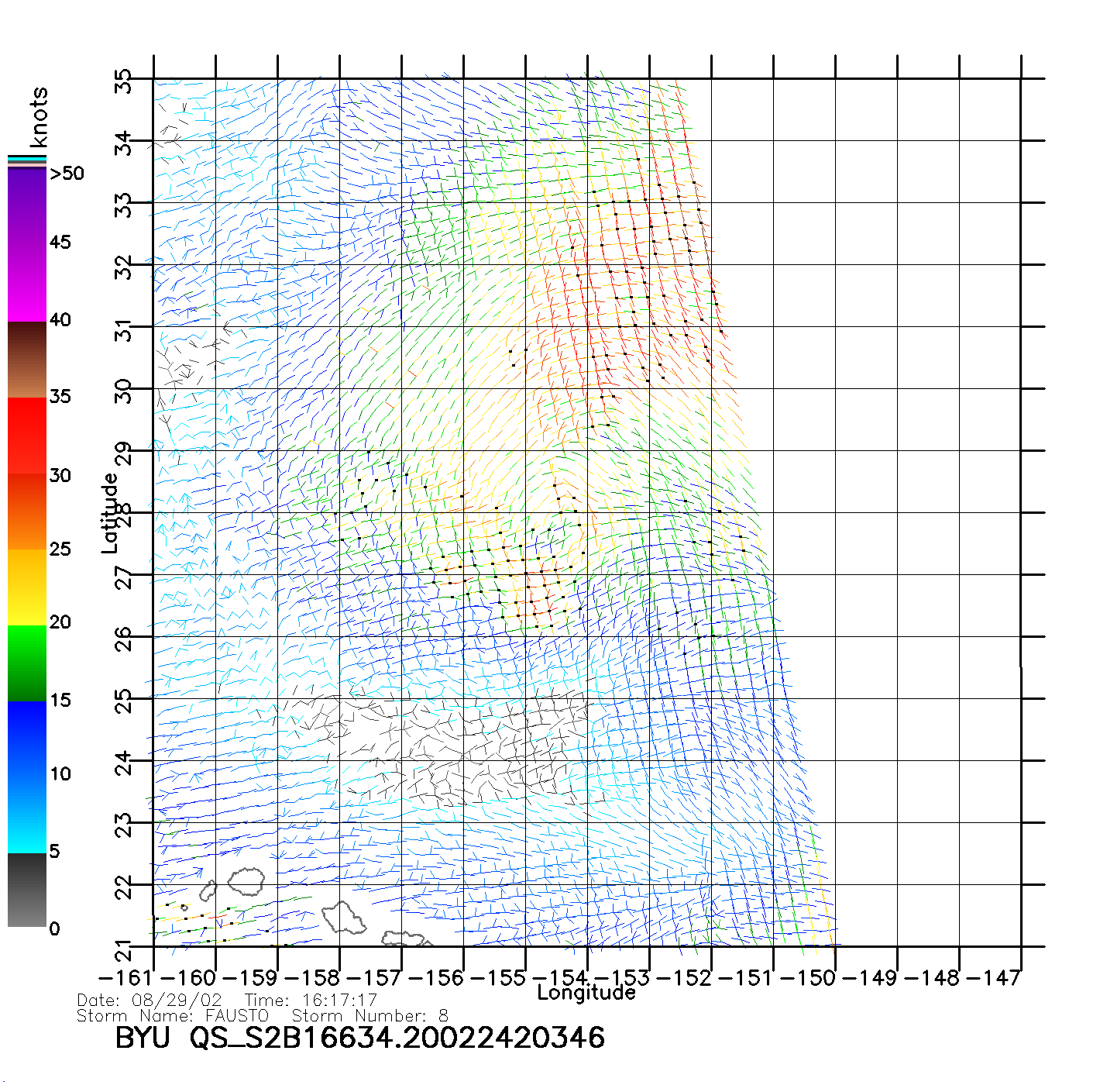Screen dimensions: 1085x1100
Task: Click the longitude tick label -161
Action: (x=127, y=978)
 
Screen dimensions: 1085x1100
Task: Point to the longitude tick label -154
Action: (x=559, y=978)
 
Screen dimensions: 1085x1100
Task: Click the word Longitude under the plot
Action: (x=586, y=993)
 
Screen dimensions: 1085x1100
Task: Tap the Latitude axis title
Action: (x=110, y=512)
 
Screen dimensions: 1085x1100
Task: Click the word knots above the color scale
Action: (x=39, y=117)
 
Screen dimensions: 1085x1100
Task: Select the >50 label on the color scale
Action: (x=67, y=174)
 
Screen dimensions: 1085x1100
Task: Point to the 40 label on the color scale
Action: (x=60, y=319)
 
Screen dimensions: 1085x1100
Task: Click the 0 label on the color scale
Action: (x=54, y=928)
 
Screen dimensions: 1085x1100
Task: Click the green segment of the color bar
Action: (x=27, y=663)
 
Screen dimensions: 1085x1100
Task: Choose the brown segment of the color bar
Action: (x=27, y=360)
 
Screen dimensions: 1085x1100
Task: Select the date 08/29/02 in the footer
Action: (x=177, y=1001)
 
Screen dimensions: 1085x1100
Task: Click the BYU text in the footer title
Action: (x=143, y=1038)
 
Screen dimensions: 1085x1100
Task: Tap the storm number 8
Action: (x=443, y=1016)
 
